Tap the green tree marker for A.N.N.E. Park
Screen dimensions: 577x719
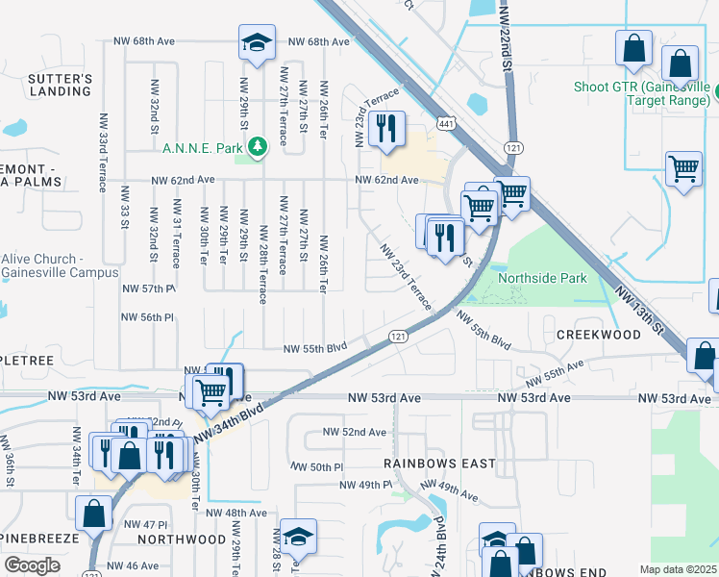257,147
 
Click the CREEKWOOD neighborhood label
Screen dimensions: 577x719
598,334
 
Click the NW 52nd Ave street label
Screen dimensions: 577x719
354,432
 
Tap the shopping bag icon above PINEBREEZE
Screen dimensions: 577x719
94,514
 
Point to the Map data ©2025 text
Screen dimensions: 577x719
678,569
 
